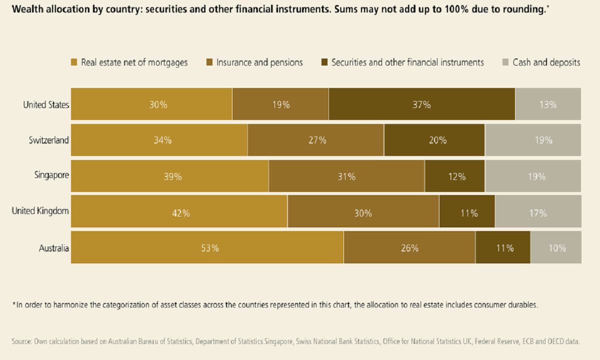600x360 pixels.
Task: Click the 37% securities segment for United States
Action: pyautogui.click(x=421, y=104)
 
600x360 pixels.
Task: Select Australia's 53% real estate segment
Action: pyautogui.click(x=207, y=247)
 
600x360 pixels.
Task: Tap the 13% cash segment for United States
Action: pyautogui.click(x=548, y=104)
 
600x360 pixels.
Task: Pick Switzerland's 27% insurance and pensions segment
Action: pyautogui.click(x=315, y=140)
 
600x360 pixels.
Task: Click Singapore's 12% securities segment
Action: pyautogui.click(x=454, y=176)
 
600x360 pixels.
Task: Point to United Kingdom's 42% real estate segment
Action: pyautogui.click(x=179, y=212)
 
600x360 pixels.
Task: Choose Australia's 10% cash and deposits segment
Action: pyautogui.click(x=555, y=247)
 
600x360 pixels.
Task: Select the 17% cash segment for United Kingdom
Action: pyautogui.click(x=538, y=212)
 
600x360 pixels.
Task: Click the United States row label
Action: pyautogui.click(x=45, y=104)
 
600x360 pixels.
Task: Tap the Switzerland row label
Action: pyautogui.click(x=48, y=140)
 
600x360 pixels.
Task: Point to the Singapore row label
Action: pyautogui.click(x=51, y=175)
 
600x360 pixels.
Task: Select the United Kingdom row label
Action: pyautogui.click(x=40, y=211)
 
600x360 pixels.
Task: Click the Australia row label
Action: pyautogui.click(x=53, y=248)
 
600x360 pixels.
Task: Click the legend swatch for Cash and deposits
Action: pyautogui.click(x=504, y=62)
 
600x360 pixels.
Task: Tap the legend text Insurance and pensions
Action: pyautogui.click(x=259, y=62)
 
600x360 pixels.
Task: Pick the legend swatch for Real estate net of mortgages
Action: pyautogui.click(x=74, y=62)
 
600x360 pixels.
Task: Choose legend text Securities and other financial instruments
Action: pyautogui.click(x=407, y=62)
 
